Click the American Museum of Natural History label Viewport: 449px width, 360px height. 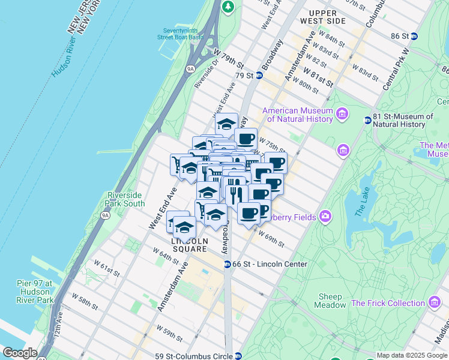(298, 115)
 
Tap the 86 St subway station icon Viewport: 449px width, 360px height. (414, 36)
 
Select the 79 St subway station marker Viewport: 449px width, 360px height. (259, 76)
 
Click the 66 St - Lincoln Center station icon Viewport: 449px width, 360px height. (228, 265)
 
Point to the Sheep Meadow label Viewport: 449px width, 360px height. (330, 301)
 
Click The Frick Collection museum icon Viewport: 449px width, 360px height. (433, 303)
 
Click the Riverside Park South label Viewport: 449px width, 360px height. (125, 199)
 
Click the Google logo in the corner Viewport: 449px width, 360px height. (20, 353)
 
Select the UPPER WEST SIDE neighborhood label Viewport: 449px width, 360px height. (327, 17)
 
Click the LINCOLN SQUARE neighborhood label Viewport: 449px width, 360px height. (185, 245)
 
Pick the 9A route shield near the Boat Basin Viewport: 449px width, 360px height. (190, 69)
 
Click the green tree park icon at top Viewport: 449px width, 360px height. (228, 7)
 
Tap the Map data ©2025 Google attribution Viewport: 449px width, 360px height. (412, 355)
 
